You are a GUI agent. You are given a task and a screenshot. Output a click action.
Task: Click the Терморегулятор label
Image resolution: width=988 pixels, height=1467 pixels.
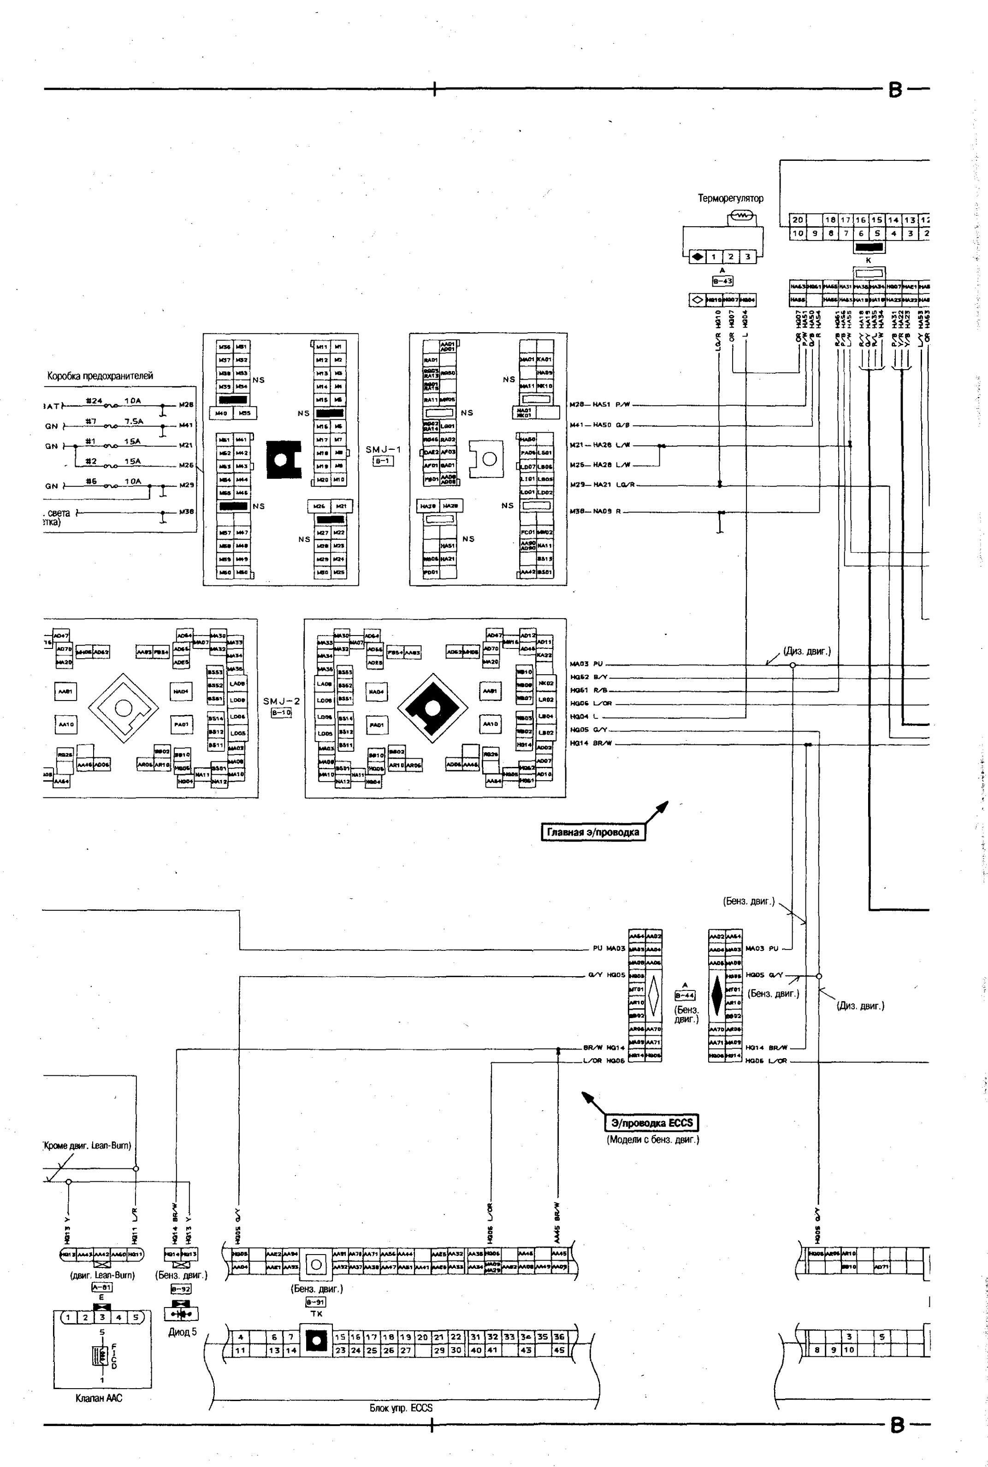pyautogui.click(x=730, y=199)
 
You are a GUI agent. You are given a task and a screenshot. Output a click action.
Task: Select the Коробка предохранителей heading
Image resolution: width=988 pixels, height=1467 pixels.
pyautogui.click(x=100, y=376)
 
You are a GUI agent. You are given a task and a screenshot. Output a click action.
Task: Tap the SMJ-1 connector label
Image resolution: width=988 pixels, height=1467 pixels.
pyautogui.click(x=383, y=450)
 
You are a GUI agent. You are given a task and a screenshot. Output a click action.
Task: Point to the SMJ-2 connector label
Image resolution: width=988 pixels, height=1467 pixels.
pyautogui.click(x=281, y=701)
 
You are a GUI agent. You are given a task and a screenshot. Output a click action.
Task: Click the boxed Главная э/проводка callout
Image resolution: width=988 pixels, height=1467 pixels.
pyautogui.click(x=593, y=832)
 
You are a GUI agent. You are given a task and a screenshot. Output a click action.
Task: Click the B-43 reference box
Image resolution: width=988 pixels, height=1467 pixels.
pyautogui.click(x=722, y=282)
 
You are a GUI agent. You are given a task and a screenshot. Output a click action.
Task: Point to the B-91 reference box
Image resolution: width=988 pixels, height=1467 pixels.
pyautogui.click(x=316, y=1302)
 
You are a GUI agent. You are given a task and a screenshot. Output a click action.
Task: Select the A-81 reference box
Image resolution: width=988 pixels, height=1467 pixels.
pyautogui.click(x=101, y=1287)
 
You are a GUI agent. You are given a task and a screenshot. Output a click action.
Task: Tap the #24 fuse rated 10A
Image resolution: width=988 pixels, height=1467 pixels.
pyautogui.click(x=113, y=406)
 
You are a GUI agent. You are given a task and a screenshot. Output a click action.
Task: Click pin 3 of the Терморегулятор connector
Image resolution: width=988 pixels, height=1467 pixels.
pyautogui.click(x=747, y=257)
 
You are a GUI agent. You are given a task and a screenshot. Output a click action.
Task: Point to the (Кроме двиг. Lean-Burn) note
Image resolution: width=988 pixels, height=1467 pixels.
pyautogui.click(x=87, y=1146)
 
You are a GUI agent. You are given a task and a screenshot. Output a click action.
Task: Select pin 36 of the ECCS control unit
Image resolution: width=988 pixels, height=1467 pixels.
pyautogui.click(x=558, y=1337)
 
